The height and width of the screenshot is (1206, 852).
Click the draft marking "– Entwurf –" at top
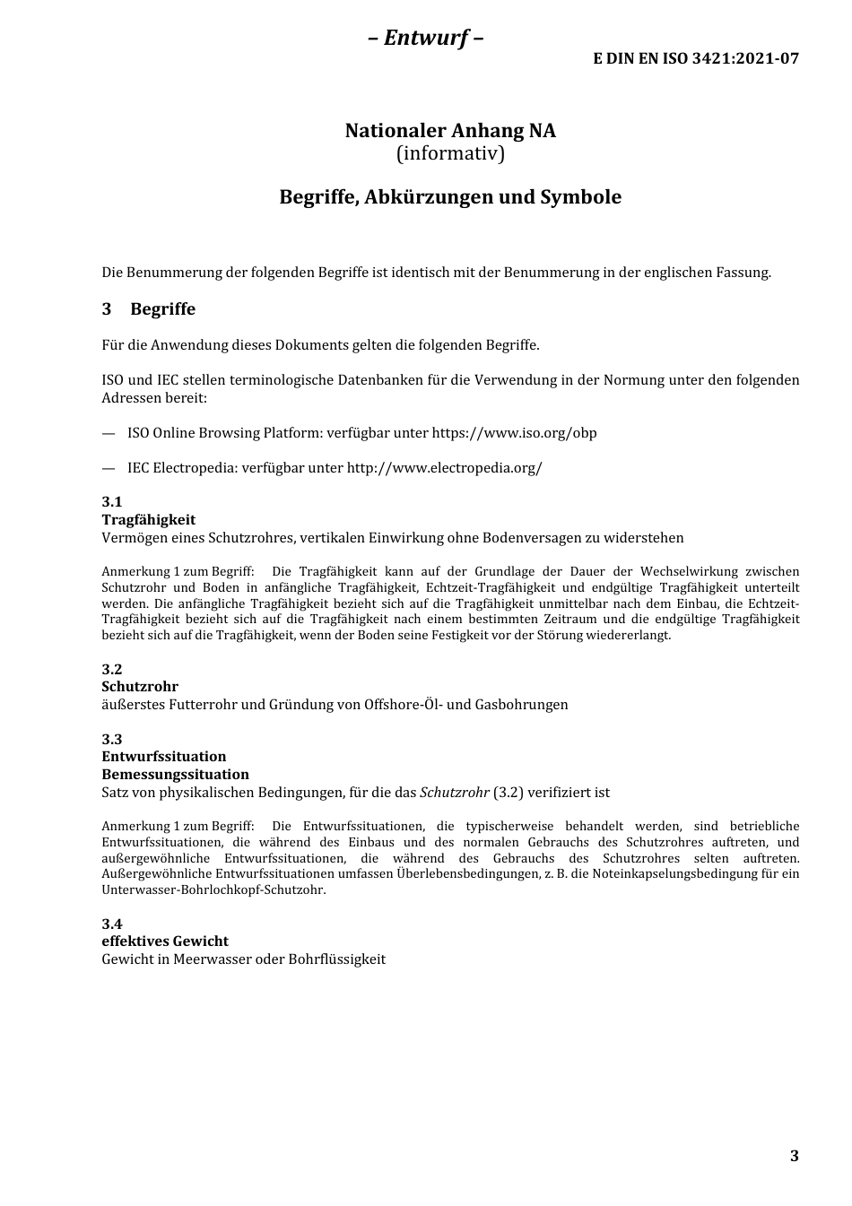point(426,38)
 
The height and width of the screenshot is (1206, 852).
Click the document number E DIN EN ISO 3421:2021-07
point(695,58)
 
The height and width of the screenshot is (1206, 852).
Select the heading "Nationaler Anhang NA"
point(450,131)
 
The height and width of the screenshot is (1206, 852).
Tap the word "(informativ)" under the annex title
point(450,153)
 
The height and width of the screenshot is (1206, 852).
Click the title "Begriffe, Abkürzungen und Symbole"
point(450,197)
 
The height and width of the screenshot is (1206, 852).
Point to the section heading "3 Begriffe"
point(149,309)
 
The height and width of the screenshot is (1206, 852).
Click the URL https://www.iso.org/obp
point(514,433)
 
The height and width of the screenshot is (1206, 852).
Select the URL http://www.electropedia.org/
point(444,468)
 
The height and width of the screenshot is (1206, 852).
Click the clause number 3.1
point(112,502)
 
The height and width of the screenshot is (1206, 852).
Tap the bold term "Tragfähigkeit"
point(148,520)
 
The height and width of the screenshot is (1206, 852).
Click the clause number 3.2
point(112,669)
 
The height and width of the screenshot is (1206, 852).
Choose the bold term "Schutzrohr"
point(140,687)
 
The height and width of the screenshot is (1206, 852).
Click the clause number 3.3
point(112,739)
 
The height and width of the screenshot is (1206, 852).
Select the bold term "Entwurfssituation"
point(164,757)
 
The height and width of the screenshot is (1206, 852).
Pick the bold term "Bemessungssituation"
point(175,775)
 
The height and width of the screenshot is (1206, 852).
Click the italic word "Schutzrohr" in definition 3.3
point(454,793)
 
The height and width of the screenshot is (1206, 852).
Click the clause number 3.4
point(112,924)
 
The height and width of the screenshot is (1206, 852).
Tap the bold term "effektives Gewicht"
point(165,941)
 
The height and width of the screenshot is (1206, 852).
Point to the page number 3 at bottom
point(794,1156)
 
